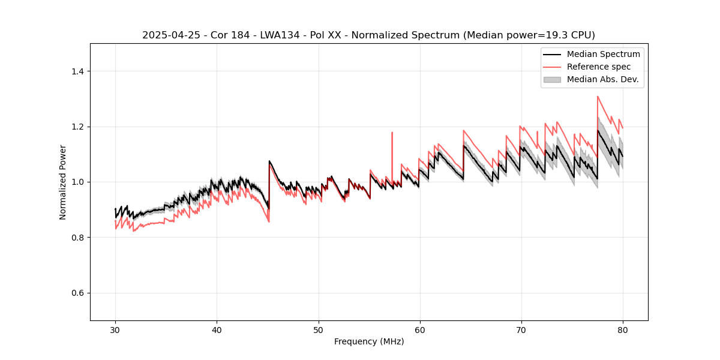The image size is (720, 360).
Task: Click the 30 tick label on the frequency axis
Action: (115, 329)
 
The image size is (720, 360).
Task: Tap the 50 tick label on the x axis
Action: (318, 329)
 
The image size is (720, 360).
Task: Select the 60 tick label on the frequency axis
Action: (419, 329)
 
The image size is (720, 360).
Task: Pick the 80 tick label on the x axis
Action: (623, 329)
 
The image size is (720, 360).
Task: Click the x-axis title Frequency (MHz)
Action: (369, 341)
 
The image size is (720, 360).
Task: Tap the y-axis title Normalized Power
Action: (63, 182)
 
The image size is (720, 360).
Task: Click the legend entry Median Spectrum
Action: (603, 54)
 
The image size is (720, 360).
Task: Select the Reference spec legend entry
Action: (599, 67)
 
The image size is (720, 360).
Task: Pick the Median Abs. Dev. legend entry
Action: (602, 79)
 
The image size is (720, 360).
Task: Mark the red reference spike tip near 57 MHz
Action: (392, 133)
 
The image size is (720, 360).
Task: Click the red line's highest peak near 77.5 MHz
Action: (598, 96)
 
